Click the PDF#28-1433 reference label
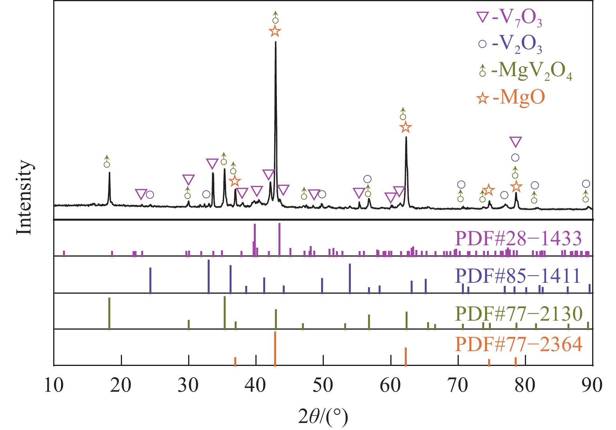point(519,238)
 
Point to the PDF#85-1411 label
point(519,276)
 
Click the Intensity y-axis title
point(24,197)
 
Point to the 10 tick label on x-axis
point(54,385)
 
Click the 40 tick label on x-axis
point(256,385)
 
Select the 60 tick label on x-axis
point(390,385)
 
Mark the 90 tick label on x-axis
point(592,385)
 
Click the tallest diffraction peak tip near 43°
point(276,42)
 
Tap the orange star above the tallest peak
point(275,31)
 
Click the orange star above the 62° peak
point(406,127)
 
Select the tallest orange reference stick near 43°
point(275,349)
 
